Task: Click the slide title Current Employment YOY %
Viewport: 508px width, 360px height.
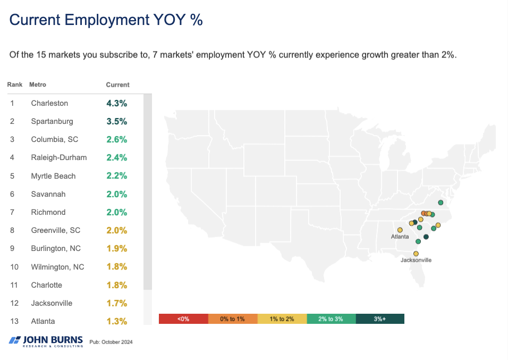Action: pos(106,20)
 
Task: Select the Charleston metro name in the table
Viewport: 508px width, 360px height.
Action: pos(49,103)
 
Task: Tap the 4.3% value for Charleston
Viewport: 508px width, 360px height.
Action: pos(117,103)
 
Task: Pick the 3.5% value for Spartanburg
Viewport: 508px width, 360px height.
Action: pos(117,121)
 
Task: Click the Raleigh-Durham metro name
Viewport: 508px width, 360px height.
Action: pos(58,157)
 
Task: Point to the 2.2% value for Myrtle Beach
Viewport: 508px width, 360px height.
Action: pos(117,176)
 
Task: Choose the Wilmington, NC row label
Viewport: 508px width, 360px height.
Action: pos(57,267)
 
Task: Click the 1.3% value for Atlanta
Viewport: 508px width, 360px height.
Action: pos(117,321)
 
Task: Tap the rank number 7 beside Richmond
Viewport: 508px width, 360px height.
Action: pos(12,212)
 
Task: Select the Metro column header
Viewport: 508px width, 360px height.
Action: pos(38,85)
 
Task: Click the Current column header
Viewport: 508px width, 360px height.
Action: pos(117,85)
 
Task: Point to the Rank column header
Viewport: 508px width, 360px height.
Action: pos(14,85)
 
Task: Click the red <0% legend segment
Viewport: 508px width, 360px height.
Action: pos(183,319)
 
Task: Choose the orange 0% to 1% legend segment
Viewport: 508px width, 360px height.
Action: pos(232,319)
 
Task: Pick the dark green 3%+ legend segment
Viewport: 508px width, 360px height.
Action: pos(379,319)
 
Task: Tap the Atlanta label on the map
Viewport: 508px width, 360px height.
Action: pos(400,237)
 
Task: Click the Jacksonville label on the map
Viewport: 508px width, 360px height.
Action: pos(416,261)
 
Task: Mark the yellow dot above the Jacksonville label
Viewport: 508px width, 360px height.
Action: pos(416,254)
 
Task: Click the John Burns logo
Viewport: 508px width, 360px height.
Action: pos(47,341)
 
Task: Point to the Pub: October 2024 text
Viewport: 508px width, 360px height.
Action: pos(111,342)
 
